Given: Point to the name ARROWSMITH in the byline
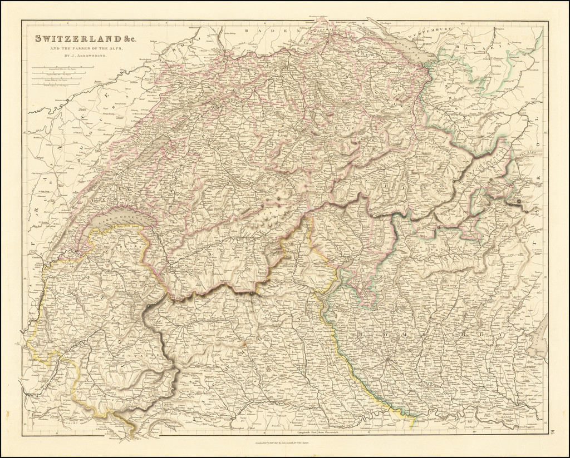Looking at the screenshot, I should (90, 56).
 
